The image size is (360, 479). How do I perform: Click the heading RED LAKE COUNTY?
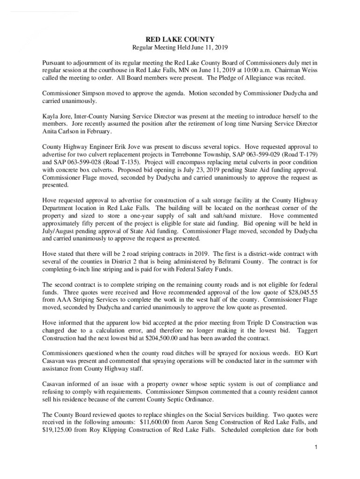(180, 40)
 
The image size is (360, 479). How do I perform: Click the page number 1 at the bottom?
(317, 448)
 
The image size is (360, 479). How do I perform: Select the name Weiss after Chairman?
(309, 70)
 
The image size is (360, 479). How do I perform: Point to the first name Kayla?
(50, 116)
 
